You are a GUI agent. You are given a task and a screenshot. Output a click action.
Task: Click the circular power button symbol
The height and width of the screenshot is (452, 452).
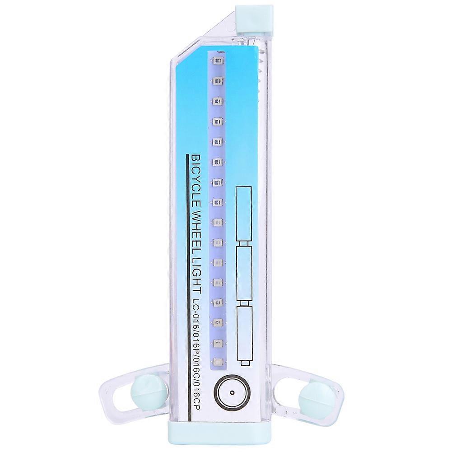click(x=232, y=392)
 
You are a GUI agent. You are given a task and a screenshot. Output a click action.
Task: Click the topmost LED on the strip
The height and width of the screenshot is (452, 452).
click(x=217, y=61)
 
